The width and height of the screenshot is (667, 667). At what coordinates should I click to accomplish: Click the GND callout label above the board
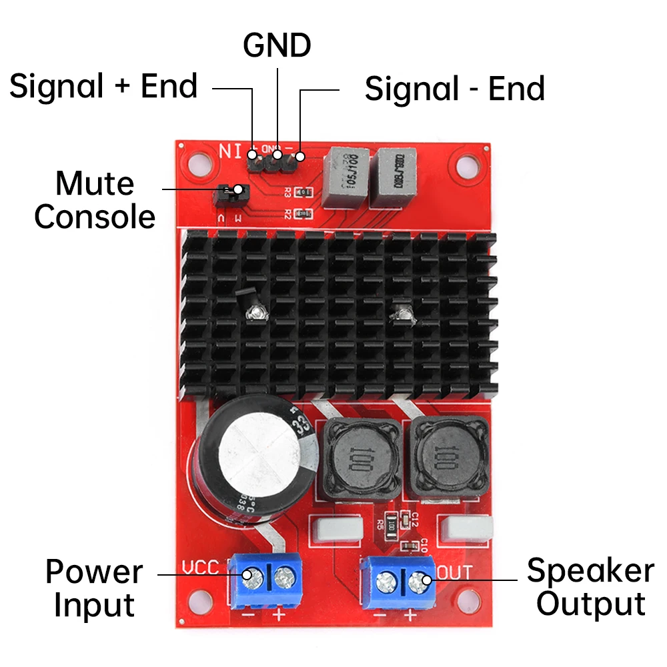point(277,45)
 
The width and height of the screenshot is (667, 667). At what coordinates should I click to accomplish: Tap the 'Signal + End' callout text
point(103,87)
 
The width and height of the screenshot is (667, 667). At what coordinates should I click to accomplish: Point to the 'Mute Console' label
point(95,200)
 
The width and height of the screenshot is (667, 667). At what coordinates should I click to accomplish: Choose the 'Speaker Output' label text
point(590,588)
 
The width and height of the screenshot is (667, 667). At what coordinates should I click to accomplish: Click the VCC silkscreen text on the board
point(201,568)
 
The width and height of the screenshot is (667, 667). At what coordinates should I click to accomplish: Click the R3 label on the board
point(287,193)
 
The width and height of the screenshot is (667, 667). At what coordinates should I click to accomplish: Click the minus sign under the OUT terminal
point(380,613)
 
